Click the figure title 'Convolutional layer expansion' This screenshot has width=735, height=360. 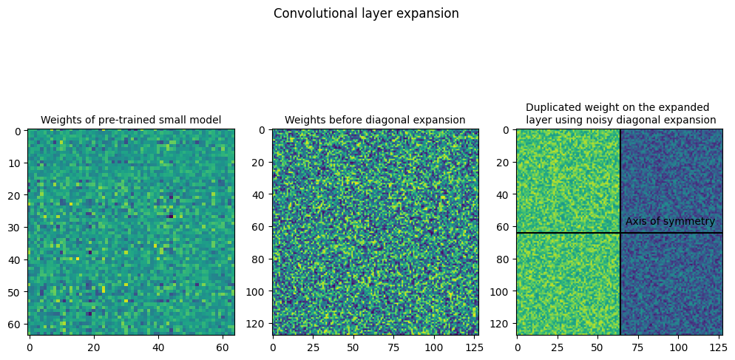[x=366, y=13]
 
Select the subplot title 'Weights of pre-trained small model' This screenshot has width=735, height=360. [x=131, y=120]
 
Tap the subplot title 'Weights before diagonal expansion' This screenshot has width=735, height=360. [x=375, y=120]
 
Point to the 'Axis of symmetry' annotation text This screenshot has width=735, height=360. [x=670, y=221]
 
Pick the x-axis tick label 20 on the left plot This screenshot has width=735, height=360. [x=94, y=346]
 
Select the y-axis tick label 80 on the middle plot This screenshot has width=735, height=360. [x=261, y=260]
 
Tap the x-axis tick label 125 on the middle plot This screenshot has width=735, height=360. [x=474, y=346]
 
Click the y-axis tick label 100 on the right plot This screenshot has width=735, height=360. [x=502, y=293]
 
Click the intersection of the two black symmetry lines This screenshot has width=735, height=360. [x=620, y=233]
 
